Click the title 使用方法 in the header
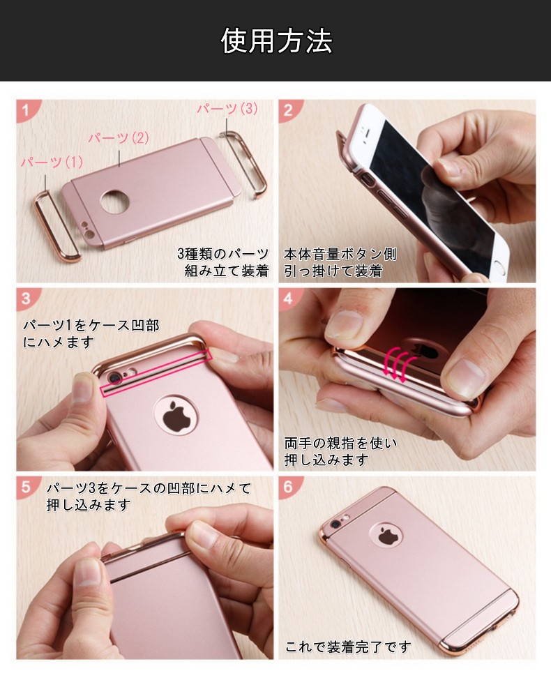click(276, 40)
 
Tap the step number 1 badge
click(26, 109)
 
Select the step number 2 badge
click(289, 109)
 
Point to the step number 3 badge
click(26, 298)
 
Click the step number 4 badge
click(289, 298)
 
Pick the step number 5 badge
click(26, 486)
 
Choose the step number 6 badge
click(289, 486)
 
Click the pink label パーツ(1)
click(52, 163)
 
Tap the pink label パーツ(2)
click(119, 138)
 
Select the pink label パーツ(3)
click(227, 108)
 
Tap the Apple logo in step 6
click(386, 535)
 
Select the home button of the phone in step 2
click(502, 268)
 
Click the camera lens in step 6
click(335, 524)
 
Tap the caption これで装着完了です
click(348, 647)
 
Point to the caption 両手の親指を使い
click(340, 443)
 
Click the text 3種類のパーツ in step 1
click(223, 254)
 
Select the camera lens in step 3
click(114, 379)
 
